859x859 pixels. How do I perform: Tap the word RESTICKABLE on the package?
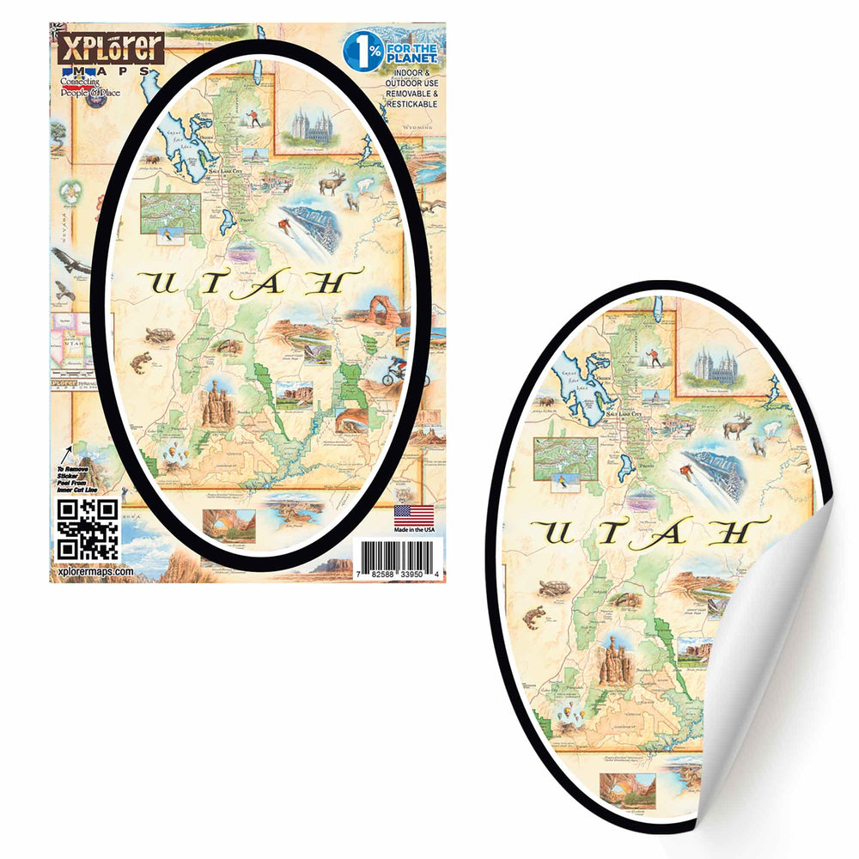tap(411, 104)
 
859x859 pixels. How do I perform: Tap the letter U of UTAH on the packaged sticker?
tap(161, 282)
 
